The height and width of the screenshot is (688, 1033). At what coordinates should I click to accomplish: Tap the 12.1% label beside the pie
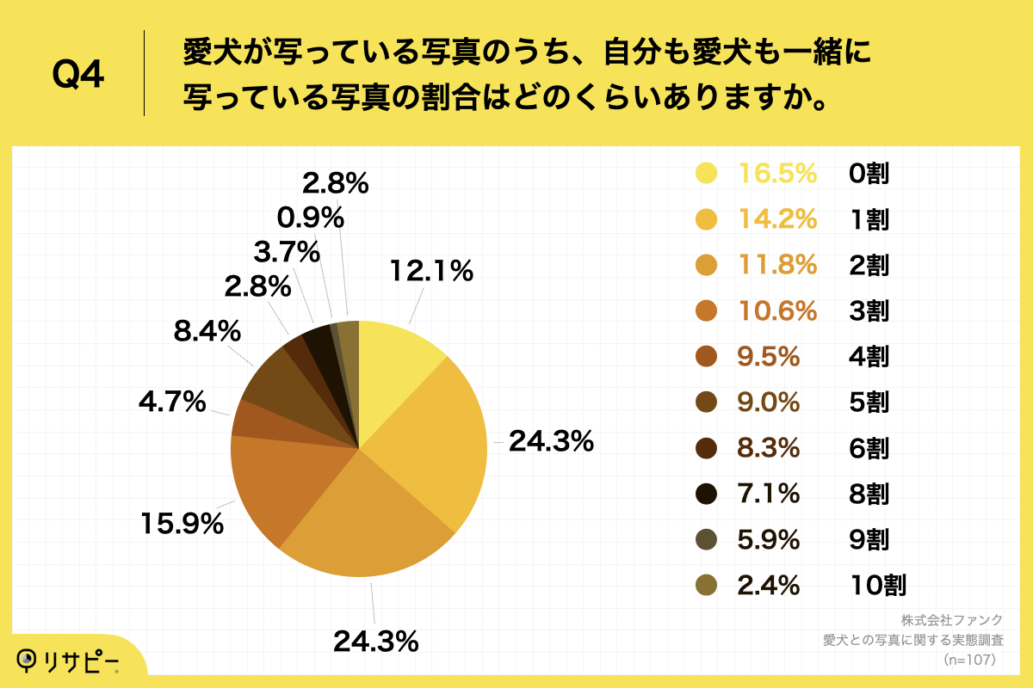[430, 272]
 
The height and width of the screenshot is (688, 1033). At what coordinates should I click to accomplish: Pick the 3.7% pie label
[287, 253]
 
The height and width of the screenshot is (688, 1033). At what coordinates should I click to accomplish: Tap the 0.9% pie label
[311, 217]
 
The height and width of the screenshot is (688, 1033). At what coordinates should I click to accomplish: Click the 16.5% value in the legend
[777, 174]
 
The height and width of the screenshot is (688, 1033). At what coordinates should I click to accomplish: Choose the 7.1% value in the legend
[769, 494]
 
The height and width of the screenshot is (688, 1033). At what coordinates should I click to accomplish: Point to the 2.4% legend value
[769, 586]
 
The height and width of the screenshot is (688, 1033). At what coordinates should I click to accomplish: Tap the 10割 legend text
[876, 586]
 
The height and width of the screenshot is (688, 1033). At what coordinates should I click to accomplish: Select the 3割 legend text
[868, 310]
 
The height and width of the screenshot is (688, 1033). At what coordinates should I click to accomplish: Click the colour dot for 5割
[707, 402]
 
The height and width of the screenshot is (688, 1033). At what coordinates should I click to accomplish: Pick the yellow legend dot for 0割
[707, 174]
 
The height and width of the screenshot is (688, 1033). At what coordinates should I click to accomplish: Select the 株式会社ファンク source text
[952, 620]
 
